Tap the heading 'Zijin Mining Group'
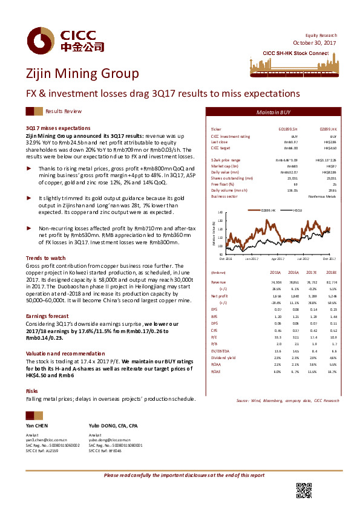82,74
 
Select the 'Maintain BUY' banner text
273,113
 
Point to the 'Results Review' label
64,112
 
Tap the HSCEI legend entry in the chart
297,210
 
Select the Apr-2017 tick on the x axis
278,259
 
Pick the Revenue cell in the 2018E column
330,282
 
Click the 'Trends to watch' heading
45,258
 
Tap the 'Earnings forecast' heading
48,316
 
